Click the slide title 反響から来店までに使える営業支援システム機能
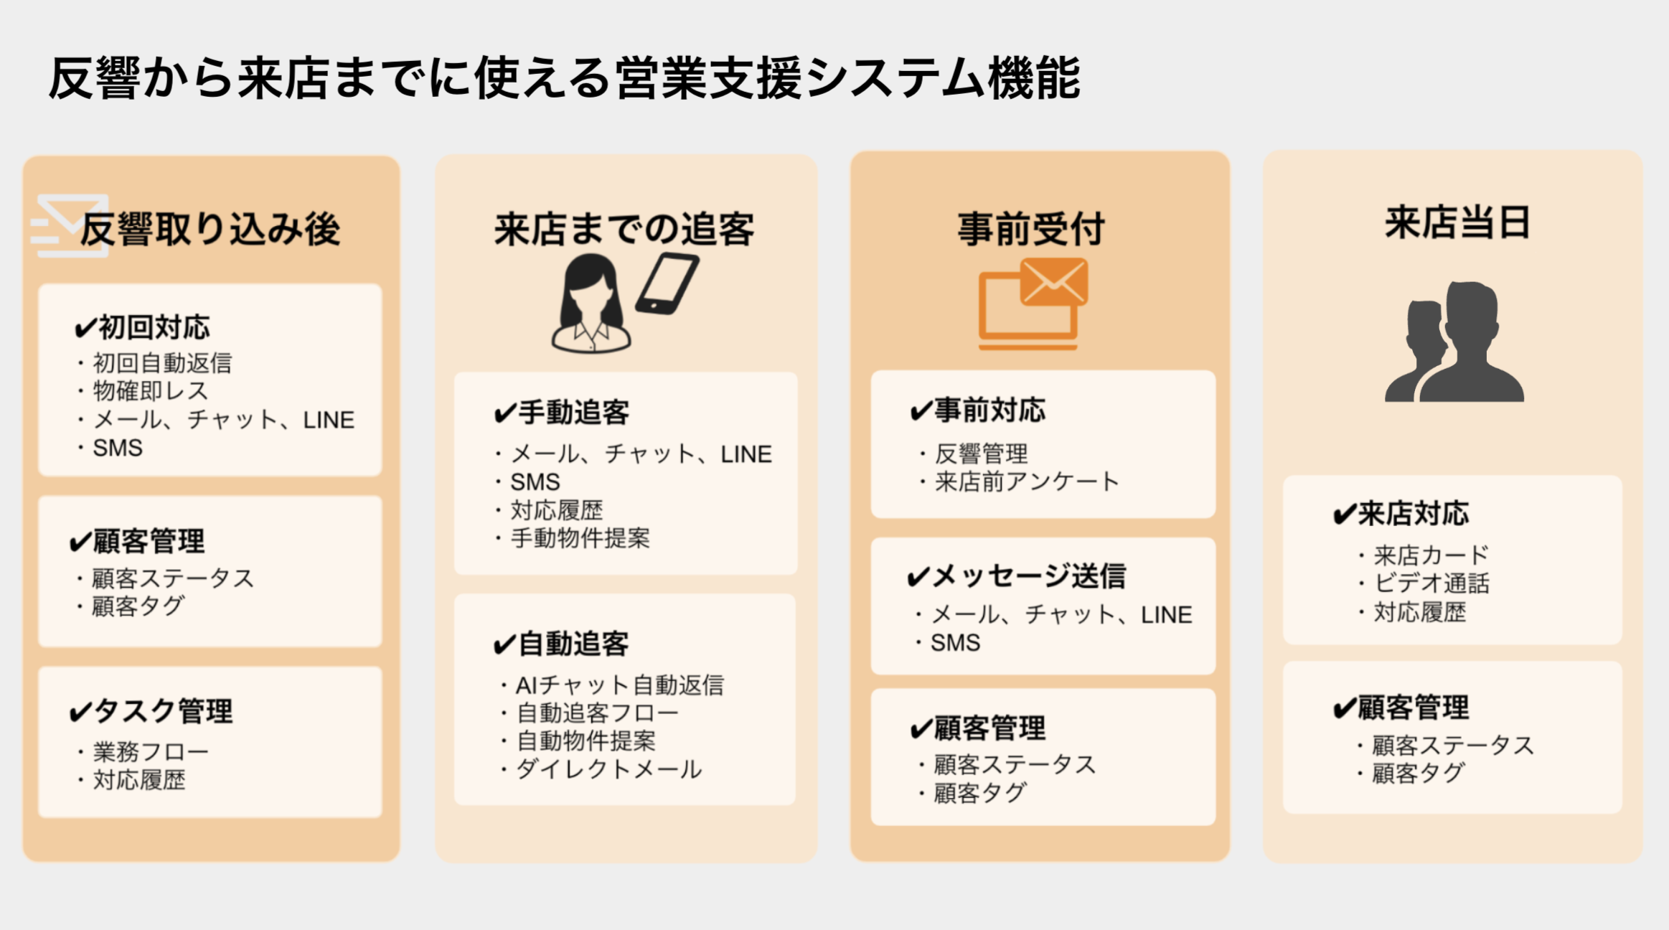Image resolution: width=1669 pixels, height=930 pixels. (x=564, y=77)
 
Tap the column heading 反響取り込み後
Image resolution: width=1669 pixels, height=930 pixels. (x=210, y=230)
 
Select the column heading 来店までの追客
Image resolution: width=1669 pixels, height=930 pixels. (x=624, y=230)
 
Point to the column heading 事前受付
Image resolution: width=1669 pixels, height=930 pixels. (x=1031, y=230)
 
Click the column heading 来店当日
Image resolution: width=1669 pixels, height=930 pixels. (x=1457, y=222)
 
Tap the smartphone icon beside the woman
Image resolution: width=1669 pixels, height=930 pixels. (x=667, y=283)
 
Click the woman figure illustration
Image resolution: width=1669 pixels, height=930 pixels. (x=591, y=304)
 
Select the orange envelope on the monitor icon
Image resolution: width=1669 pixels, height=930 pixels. (x=1054, y=281)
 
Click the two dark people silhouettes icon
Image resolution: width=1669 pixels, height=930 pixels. (x=1454, y=342)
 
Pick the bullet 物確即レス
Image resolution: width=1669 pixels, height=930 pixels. (x=150, y=391)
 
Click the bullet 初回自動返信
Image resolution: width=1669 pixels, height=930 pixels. (x=161, y=363)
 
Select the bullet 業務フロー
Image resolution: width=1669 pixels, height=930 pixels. (x=150, y=751)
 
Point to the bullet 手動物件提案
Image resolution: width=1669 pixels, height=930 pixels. (x=579, y=538)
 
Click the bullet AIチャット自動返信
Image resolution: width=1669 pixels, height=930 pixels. (x=619, y=685)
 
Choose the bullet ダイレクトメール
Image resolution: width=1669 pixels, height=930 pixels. (x=608, y=769)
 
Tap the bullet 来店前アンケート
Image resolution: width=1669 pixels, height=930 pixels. (x=1025, y=482)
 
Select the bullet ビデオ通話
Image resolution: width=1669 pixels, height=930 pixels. (x=1431, y=583)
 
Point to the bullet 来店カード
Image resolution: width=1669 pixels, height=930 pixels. (x=1431, y=555)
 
